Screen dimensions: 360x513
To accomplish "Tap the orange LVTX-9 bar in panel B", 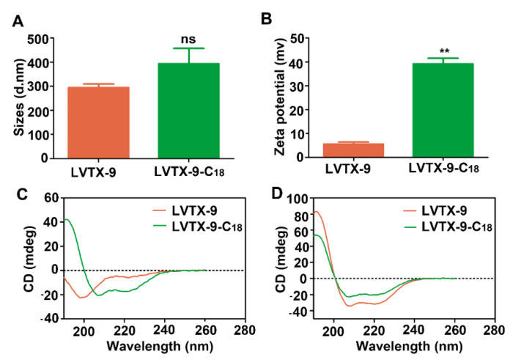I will (354, 150).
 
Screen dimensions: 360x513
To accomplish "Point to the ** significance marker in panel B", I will (444, 51).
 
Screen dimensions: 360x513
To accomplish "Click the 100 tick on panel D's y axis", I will (301, 199).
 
